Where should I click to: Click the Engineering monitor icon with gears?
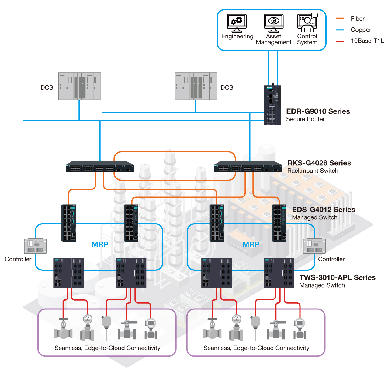pos(237,23)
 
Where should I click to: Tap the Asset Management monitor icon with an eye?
pos(274,23)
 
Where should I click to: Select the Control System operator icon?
pos(307,23)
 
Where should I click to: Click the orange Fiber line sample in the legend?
pos(340,18)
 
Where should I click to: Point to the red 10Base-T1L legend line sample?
pos(340,41)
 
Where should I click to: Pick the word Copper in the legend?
pos(361,30)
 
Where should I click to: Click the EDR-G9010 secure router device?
pos(272,105)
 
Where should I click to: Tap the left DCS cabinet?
pos(80,86)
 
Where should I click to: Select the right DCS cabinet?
pos(196,86)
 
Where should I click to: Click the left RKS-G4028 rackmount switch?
pos(100,166)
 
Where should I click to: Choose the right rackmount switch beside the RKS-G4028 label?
pos(248,166)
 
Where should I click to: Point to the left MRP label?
pos(100,244)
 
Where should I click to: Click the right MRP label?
pos(251,244)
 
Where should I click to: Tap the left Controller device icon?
pos(35,246)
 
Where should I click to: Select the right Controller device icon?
pos(314,246)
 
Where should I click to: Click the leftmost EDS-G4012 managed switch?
pos(69,223)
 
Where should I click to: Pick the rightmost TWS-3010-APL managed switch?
pos(279,273)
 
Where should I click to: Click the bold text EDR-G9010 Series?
pos(318,111)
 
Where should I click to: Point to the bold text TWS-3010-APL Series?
pos(337,277)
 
